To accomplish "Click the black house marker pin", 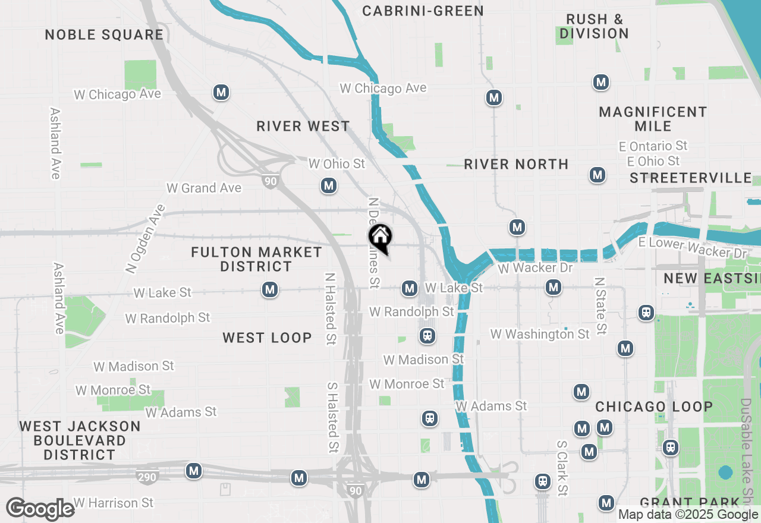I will click(380, 238).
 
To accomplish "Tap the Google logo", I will click(40, 509).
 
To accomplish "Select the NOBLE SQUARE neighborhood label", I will click(104, 34).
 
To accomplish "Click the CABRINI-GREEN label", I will click(423, 11).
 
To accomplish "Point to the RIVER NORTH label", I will click(516, 164).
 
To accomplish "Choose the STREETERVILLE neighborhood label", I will click(691, 178).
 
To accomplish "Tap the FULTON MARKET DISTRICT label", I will click(256, 259).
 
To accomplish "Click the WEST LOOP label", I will click(267, 338).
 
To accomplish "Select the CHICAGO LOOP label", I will click(654, 407).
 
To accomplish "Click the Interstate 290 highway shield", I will click(147, 477).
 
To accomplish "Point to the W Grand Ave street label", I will click(204, 188).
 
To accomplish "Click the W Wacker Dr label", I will click(535, 268).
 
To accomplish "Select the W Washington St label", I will click(540, 334).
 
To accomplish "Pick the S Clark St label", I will click(562, 468).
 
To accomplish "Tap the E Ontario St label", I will click(657, 146).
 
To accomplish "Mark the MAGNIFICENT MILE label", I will click(653, 119).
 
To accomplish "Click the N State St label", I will click(600, 305).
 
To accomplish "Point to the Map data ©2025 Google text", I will click(687, 515).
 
